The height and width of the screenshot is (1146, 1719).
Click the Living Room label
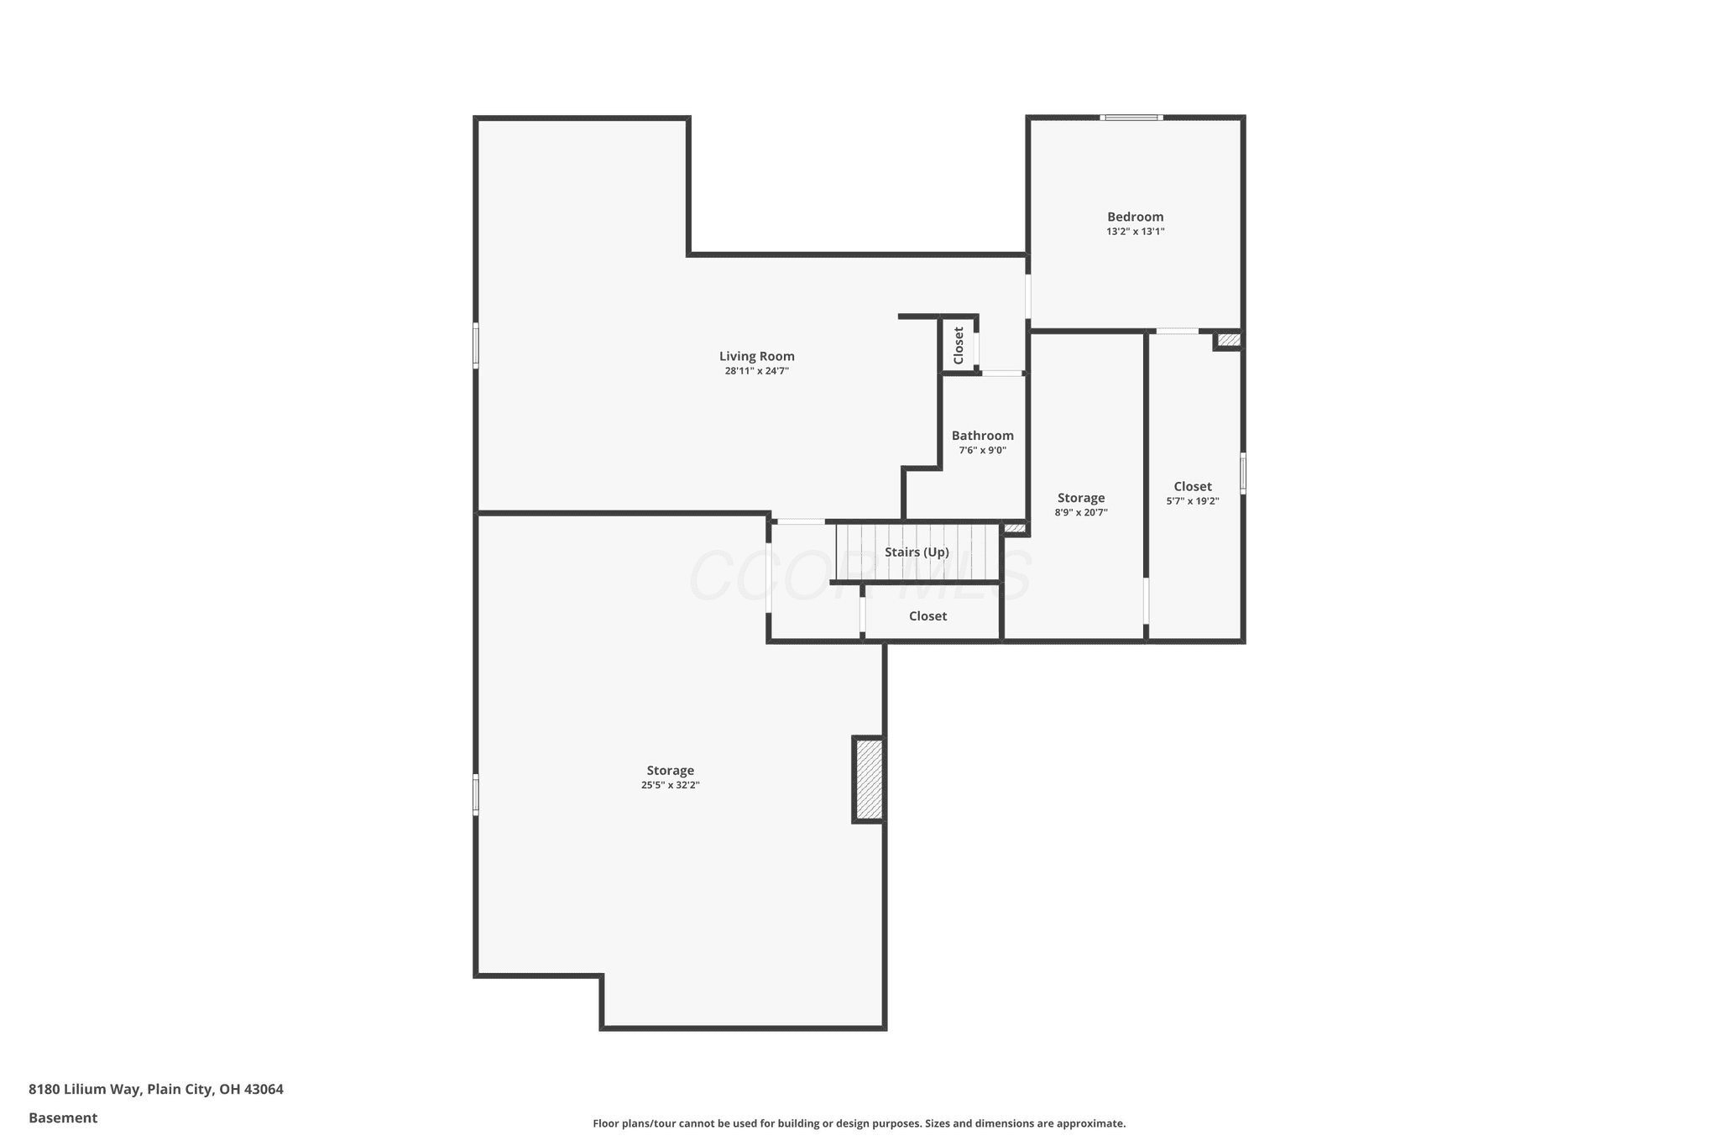(x=756, y=356)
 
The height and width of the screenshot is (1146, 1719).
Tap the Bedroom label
(x=1135, y=217)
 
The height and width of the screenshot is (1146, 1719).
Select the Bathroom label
(x=982, y=436)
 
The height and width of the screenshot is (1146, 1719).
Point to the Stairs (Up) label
(x=917, y=552)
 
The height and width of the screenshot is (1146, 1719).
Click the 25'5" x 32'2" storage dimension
(x=671, y=785)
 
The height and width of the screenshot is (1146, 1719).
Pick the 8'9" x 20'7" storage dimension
(x=1081, y=512)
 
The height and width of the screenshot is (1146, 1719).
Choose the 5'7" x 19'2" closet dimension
(x=1193, y=501)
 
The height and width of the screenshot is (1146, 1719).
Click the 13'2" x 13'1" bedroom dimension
(x=1135, y=232)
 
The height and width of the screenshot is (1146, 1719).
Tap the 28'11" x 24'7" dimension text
(x=756, y=370)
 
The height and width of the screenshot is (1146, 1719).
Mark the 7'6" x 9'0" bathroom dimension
(x=982, y=450)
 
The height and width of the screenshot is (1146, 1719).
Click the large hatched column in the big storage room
(x=869, y=779)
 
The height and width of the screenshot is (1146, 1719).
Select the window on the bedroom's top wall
(x=1131, y=118)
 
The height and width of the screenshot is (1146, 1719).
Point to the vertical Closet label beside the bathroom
(x=959, y=345)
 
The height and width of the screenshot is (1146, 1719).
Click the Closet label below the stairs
(x=927, y=616)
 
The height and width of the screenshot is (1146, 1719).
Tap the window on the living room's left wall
(x=476, y=346)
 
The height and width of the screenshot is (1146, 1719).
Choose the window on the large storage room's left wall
(x=476, y=794)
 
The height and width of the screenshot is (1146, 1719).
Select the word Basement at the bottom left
(x=63, y=1117)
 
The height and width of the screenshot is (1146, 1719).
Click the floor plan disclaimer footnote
(x=859, y=1123)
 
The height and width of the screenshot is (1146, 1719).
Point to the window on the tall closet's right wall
(x=1243, y=473)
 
